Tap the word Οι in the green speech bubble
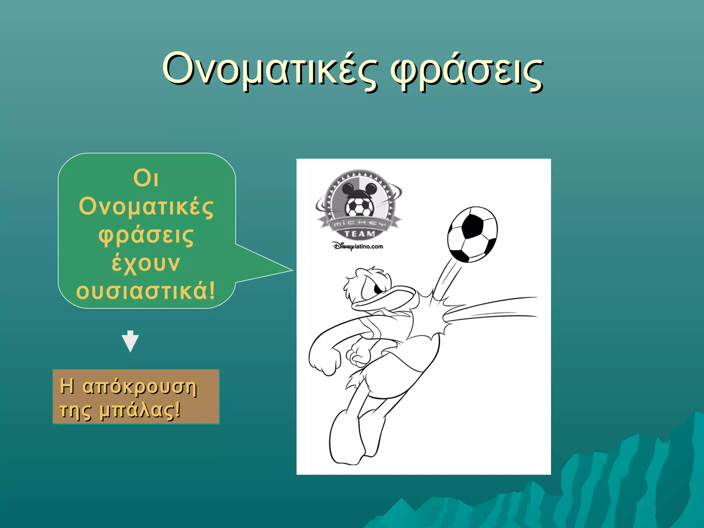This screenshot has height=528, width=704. pos(146,179)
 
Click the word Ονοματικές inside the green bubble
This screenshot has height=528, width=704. pos(146,207)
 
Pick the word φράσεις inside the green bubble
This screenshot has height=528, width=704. pos(146,235)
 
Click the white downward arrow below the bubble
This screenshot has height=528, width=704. pos(130,341)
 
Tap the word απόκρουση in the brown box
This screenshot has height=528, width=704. pos(140,387)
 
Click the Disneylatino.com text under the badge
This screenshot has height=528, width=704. pos(358,246)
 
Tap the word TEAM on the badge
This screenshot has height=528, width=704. pos(360,234)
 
